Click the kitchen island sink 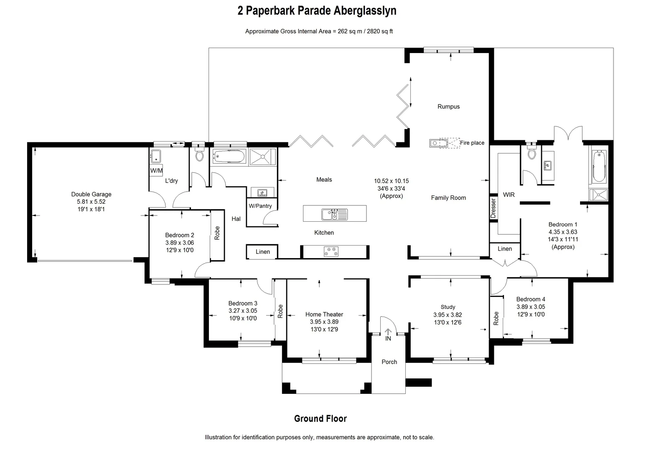pos(334,214)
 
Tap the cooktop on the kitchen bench pos(331,251)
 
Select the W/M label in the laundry pos(156,170)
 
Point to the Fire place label pos(472,143)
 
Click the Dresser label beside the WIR pos(493,208)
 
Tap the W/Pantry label pos(260,206)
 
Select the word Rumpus pos(448,106)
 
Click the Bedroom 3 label pos(243,303)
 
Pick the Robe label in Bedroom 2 pos(217,233)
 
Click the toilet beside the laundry pos(199,156)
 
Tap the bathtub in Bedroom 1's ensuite pos(598,166)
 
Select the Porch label pos(389,362)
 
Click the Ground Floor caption pos(320,418)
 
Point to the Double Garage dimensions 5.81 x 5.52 pos(91,202)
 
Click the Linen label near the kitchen pos(262,252)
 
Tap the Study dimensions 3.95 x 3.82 pos(448,315)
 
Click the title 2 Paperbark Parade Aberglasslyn pos(317,11)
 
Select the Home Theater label pos(324,314)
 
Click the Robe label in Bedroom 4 pos(496,319)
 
